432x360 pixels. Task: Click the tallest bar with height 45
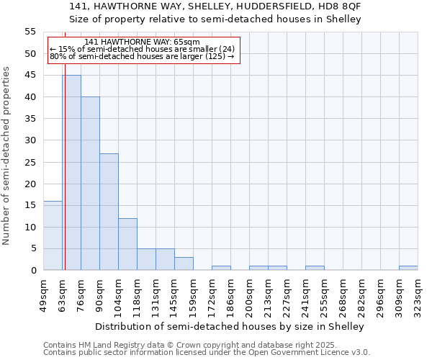[x=71, y=173]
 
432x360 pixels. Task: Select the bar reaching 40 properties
[x=90, y=184]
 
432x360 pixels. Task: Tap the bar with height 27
[x=109, y=212]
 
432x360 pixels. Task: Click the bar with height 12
[x=127, y=244]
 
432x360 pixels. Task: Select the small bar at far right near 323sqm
[x=408, y=268]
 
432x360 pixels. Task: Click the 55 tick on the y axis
[x=30, y=32]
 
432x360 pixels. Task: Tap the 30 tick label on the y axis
[x=30, y=140]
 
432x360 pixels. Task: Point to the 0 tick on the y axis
[x=33, y=271]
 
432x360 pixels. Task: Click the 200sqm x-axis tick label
[x=249, y=295]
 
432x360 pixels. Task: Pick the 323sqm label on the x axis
[x=418, y=295]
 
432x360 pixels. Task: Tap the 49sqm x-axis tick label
[x=43, y=294]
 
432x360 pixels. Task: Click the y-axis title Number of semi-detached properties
[x=6, y=156]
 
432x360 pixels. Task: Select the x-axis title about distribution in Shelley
[x=230, y=326]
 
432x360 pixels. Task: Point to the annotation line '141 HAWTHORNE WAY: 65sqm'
[x=142, y=42]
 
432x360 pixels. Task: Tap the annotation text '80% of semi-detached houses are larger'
[x=142, y=56]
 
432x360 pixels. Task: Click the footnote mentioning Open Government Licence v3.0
[x=207, y=353]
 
